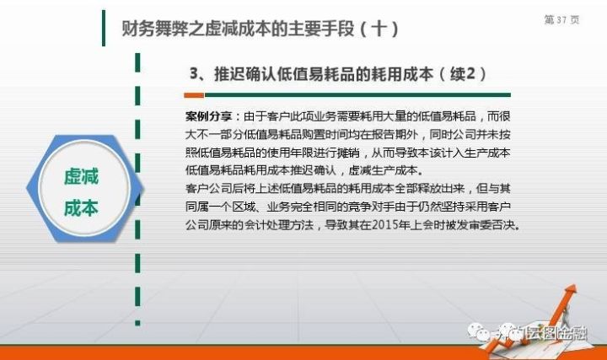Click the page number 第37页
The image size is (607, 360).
[561, 19]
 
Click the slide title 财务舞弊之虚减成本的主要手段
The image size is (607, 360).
[238, 29]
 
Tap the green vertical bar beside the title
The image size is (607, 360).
[104, 29]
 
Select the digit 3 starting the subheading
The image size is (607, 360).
[194, 73]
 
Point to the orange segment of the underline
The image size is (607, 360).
[194, 94]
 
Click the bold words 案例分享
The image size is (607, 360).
[208, 116]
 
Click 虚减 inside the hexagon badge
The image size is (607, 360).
[81, 176]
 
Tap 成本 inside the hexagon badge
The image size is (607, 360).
[81, 208]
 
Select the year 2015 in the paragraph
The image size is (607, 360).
[384, 224]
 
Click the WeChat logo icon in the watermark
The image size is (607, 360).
[479, 332]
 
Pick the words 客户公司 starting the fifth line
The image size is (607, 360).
[209, 189]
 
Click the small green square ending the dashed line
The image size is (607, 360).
[137, 323]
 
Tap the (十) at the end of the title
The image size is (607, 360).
[379, 29]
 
